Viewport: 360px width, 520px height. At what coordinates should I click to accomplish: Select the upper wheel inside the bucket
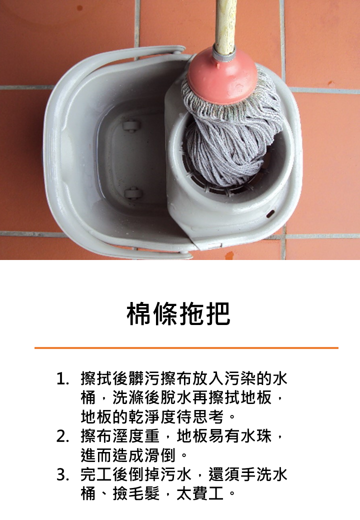point(131,125)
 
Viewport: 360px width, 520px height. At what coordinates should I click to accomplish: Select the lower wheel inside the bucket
point(133,192)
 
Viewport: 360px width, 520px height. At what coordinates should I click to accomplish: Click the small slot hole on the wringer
point(270,214)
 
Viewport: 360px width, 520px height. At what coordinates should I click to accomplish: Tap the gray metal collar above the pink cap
point(224,50)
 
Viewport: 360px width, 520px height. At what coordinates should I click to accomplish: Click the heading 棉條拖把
point(179,313)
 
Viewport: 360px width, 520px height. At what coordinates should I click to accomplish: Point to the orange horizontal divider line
point(186,347)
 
